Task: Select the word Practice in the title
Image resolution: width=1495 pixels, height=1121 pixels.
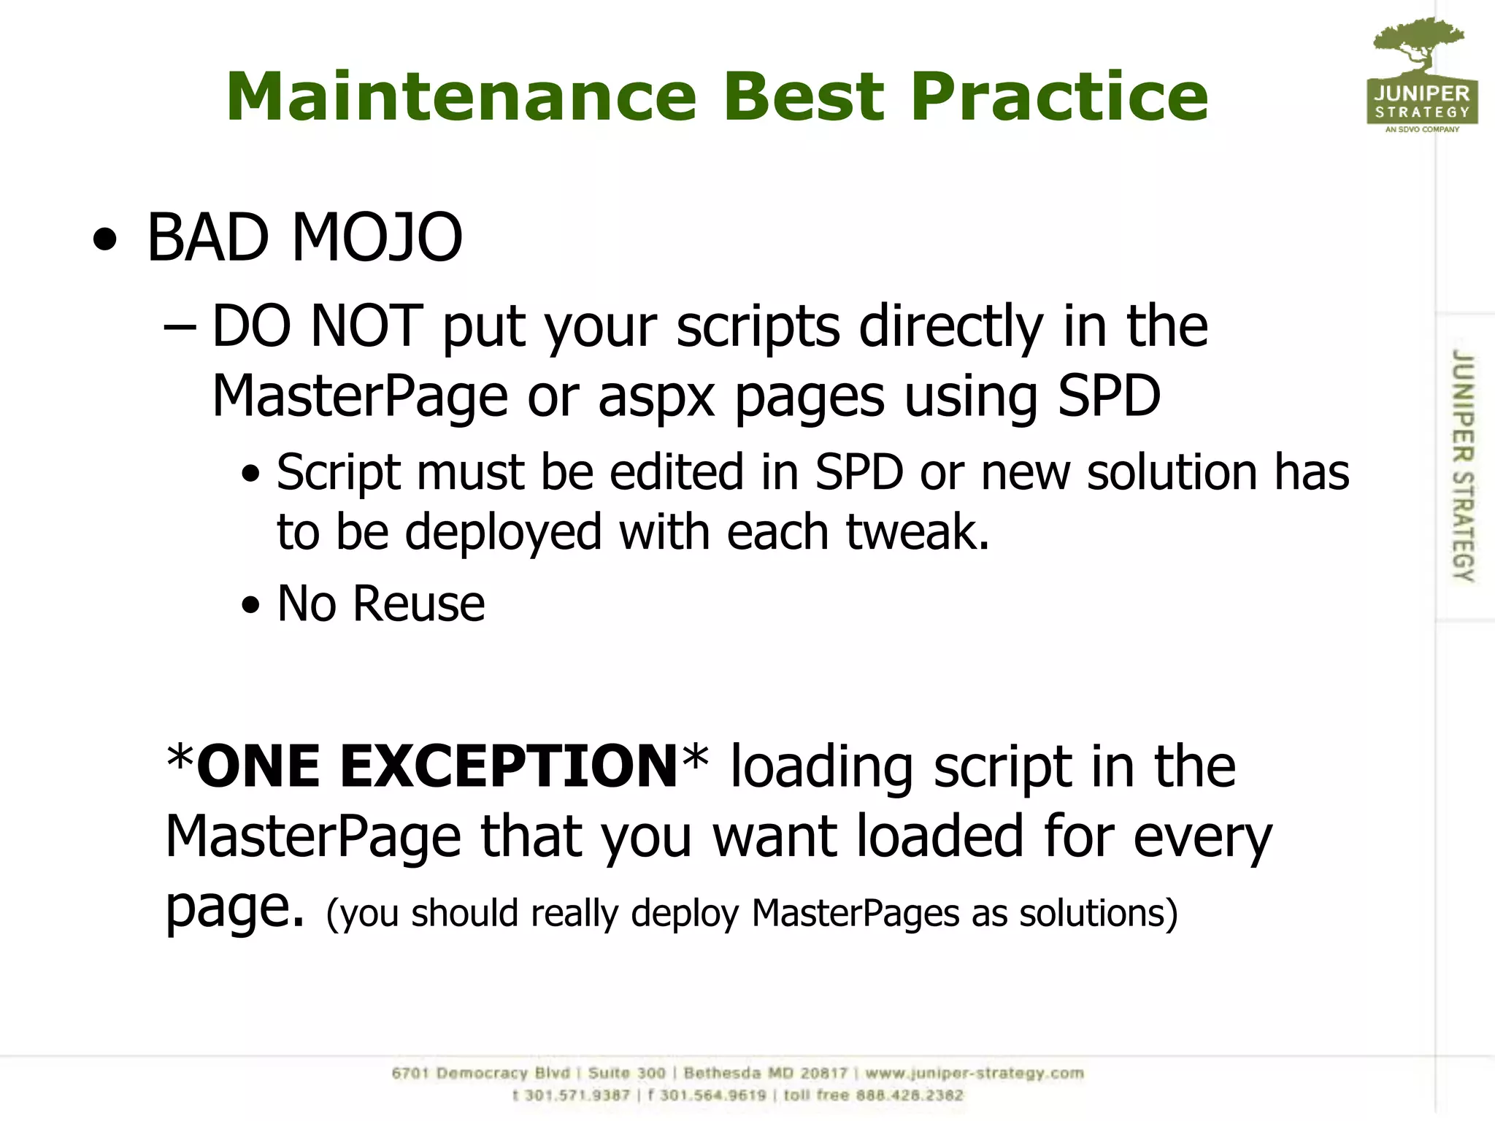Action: tap(1059, 97)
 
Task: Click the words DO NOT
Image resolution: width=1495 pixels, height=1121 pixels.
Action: tap(317, 326)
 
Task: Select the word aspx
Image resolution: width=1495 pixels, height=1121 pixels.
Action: tap(656, 396)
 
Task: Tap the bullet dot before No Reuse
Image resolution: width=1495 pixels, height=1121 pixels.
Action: tap(250, 605)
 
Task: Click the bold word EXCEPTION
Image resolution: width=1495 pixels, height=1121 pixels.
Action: tap(509, 766)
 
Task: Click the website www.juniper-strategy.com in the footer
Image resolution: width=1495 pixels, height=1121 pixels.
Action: tap(974, 1073)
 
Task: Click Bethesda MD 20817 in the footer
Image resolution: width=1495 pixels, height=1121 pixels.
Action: tap(765, 1073)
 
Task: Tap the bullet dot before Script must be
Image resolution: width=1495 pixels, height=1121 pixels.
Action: tap(250, 474)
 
